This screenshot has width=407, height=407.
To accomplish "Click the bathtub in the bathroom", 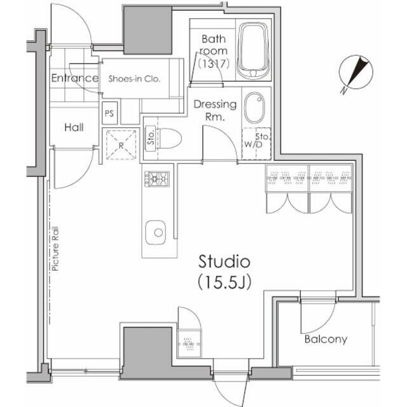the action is coord(253,51).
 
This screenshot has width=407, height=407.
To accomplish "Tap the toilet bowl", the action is coord(169,139).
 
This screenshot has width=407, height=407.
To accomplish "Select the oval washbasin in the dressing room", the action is coord(254,107).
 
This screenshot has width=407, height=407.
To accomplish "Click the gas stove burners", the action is coord(157,179).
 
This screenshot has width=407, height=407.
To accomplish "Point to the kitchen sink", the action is coord(156,233).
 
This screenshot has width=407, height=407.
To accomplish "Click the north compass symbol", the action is coord(356,72).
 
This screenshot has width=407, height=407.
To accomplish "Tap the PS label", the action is coord(109,113).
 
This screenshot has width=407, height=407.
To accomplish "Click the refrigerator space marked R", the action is coord(121,145).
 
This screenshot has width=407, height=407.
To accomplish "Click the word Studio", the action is coord(224,261).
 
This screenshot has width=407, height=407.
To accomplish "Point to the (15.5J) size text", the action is coord(224,282).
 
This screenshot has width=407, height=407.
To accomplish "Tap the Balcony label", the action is coord(326,339).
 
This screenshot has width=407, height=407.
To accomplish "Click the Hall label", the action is coord(74,127).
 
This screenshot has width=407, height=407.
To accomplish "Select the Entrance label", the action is coord(75,78).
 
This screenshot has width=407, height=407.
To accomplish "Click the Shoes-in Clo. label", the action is coord(134,79).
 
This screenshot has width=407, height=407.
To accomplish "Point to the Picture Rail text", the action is coord(55,249).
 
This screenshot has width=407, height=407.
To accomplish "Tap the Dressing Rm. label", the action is coord(215,110).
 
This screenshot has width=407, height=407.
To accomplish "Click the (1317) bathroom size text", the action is coord(214,64).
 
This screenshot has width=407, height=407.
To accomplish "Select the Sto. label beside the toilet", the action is coord(151,138).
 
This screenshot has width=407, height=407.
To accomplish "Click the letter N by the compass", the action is coord(343,90).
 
